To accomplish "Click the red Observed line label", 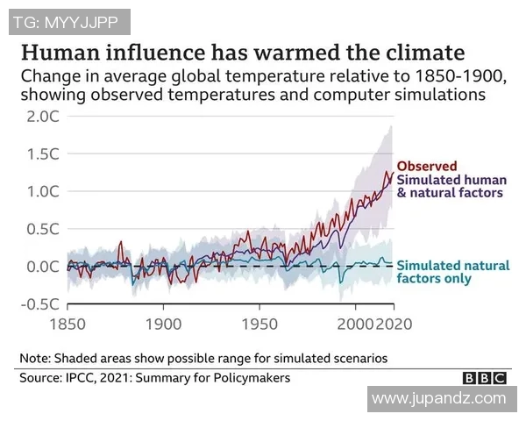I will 426,166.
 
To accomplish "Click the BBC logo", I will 484,379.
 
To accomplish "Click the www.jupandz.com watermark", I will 438,399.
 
